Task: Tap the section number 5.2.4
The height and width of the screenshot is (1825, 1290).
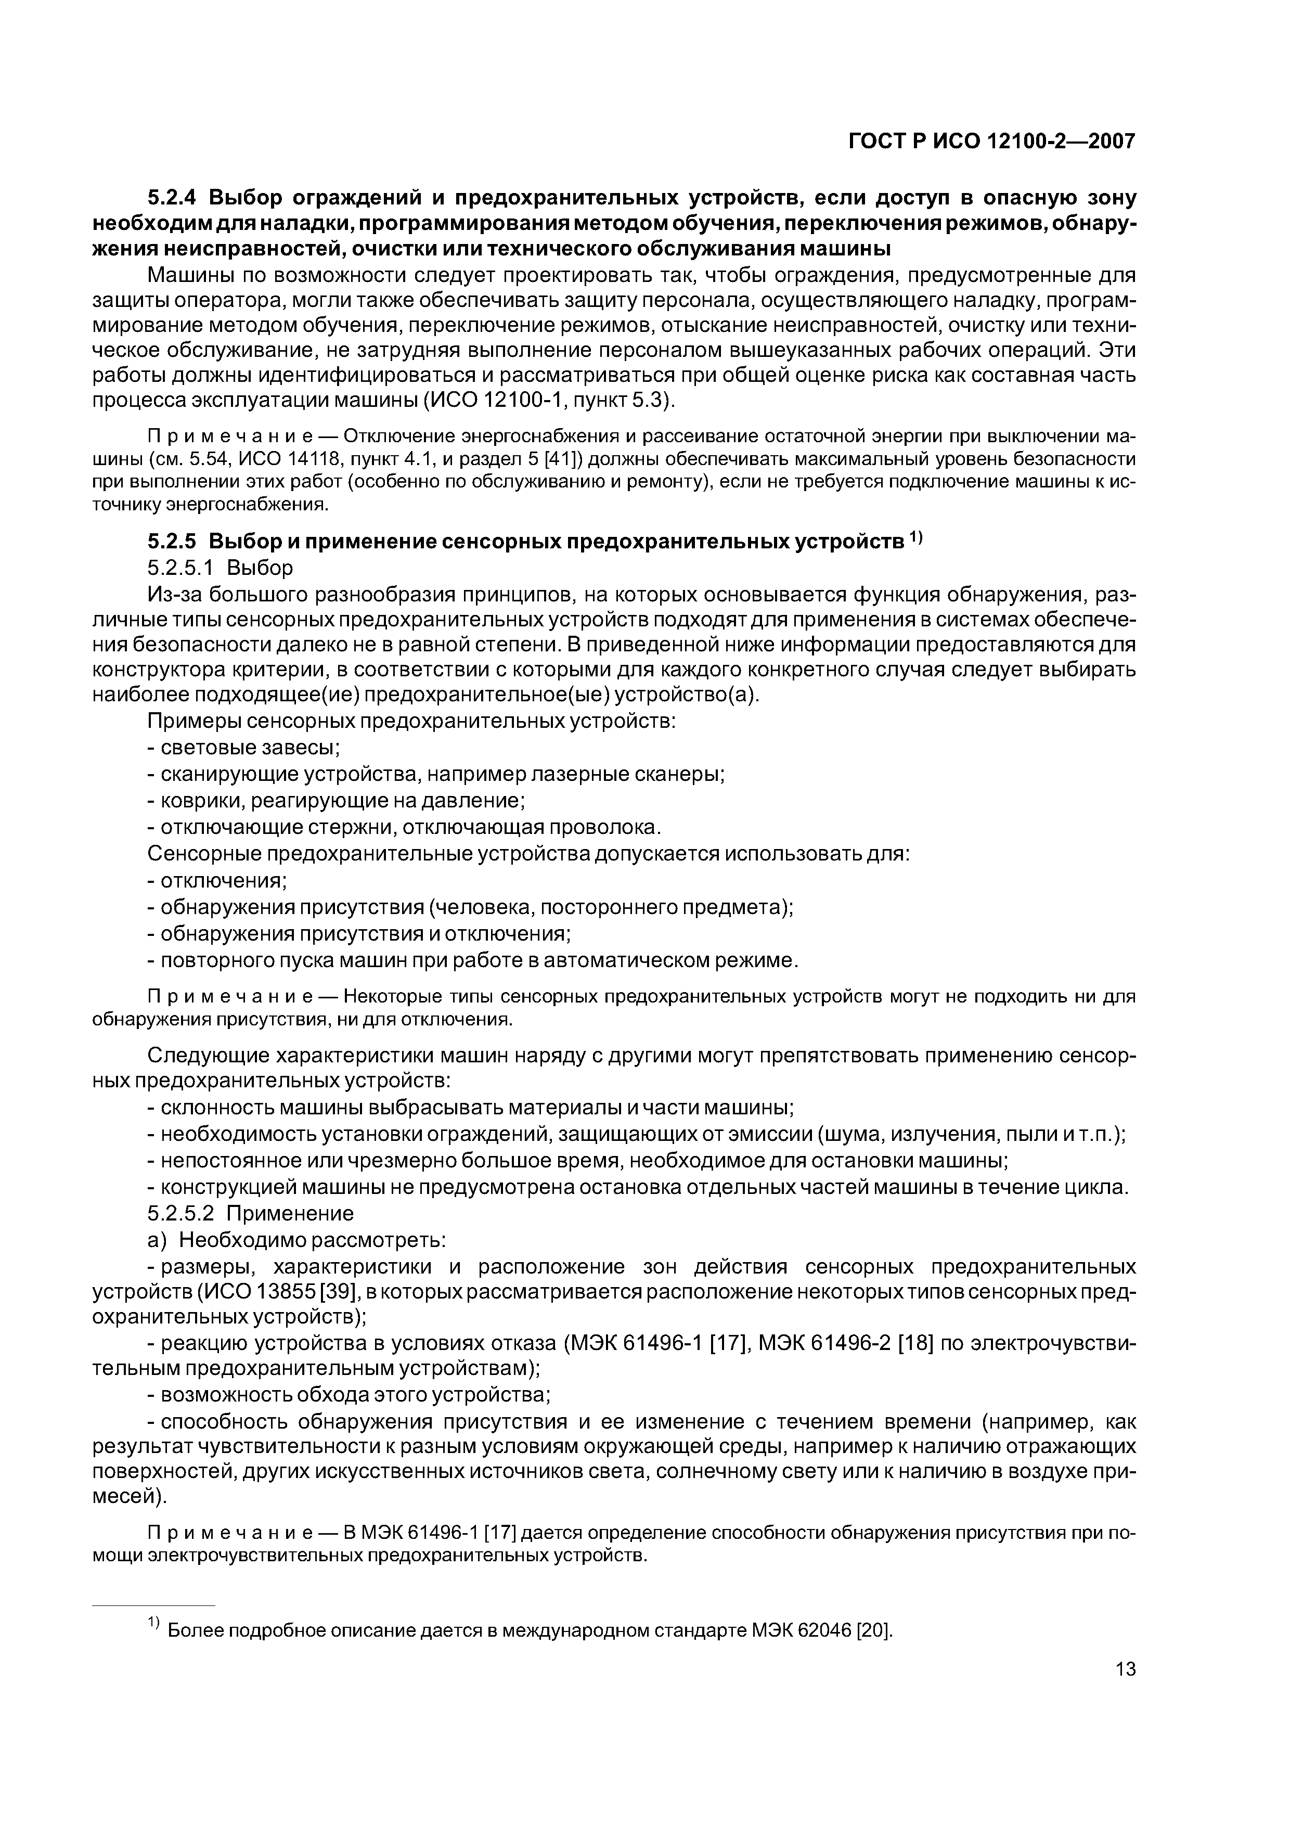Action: (174, 197)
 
